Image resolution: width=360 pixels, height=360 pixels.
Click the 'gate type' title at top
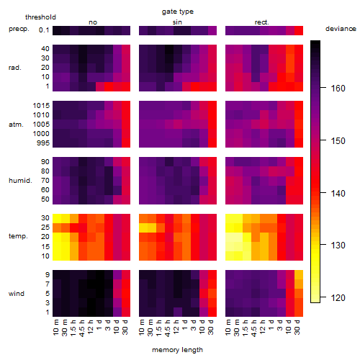(178, 12)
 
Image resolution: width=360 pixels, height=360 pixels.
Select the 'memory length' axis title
(177, 350)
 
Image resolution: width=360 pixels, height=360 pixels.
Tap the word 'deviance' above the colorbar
(341, 29)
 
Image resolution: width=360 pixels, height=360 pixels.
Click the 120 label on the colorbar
(338, 298)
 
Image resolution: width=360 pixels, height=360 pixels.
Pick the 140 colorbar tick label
(338, 193)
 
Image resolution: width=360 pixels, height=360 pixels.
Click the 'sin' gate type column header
(177, 22)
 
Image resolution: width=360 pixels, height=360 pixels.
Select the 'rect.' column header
(261, 22)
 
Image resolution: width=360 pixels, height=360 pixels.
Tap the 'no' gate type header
(93, 22)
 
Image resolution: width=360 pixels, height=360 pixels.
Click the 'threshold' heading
(40, 17)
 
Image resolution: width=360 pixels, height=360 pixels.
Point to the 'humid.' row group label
(20, 181)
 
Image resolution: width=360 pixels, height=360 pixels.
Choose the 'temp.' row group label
(18, 236)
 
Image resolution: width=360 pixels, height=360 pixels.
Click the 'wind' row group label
(17, 294)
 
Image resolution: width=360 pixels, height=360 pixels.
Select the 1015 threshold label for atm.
(41, 106)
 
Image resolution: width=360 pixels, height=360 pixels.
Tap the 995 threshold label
(43, 143)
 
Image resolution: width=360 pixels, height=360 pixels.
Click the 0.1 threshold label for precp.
(44, 30)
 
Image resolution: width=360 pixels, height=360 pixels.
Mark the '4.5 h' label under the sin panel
(168, 328)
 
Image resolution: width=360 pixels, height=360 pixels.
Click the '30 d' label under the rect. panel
(297, 327)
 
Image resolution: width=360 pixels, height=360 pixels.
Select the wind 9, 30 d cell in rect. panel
(299, 275)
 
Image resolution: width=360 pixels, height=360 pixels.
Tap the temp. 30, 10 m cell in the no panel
(57, 218)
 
